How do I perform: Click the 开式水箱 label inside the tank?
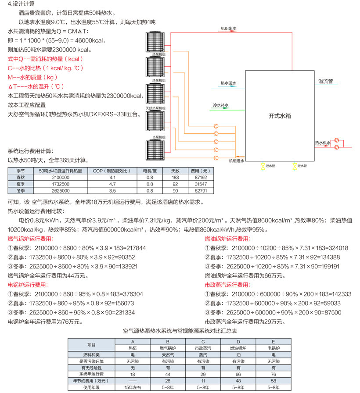tap(280, 116)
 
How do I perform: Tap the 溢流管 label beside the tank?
tap(325, 81)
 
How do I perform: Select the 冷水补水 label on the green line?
tap(220, 105)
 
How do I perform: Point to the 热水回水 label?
tap(228, 83)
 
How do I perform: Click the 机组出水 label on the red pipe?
tap(229, 29)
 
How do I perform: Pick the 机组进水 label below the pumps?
tap(236, 161)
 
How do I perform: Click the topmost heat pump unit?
tap(155, 42)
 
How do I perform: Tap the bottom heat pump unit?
tap(155, 150)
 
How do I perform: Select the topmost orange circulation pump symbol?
tap(216, 126)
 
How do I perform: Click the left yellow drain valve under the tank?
tap(263, 166)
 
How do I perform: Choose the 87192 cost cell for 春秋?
tap(201, 178)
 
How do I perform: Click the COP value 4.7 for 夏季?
tap(112, 184)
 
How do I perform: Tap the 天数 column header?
tap(175, 171)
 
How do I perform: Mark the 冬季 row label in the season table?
tap(21, 190)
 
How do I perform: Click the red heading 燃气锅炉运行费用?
tap(30, 239)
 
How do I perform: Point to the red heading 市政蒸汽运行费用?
tap(227, 285)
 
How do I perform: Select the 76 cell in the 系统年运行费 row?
tap(274, 374)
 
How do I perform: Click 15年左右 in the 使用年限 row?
tap(133, 387)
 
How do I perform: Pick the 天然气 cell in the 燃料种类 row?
tap(168, 355)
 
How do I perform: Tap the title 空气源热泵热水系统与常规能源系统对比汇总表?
tap(180, 331)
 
